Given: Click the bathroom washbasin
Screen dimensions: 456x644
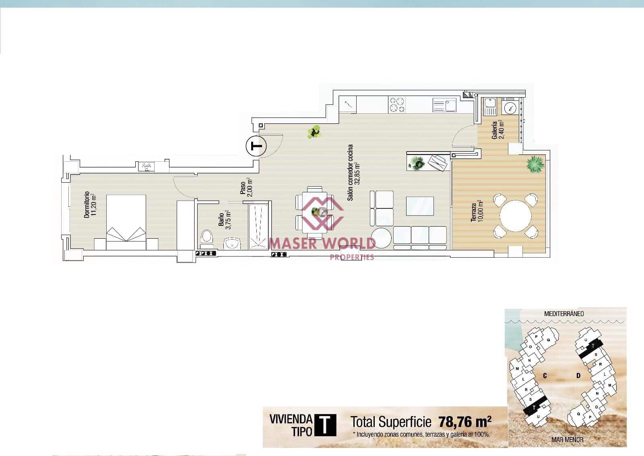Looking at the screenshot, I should pos(232,243).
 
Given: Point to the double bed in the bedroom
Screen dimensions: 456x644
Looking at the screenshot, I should pos(126,218).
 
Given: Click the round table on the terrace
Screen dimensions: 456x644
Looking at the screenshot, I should pos(516,216).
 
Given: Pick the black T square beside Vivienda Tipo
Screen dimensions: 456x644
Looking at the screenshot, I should pos(325,425).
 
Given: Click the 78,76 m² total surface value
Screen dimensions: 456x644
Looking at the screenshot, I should pos(465,422).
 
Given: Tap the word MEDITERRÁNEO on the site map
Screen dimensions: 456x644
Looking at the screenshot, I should pos(564,313).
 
